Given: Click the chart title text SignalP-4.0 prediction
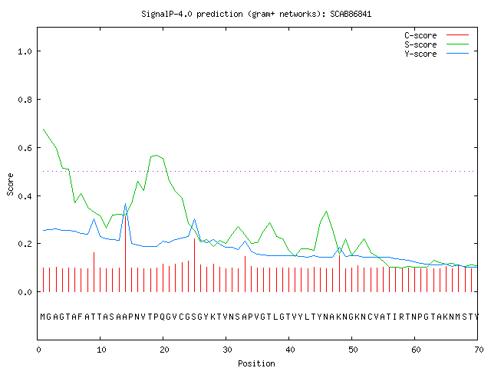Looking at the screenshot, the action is click(x=192, y=14).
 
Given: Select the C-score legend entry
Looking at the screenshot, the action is click(x=437, y=35).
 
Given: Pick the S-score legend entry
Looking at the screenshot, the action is click(x=437, y=44).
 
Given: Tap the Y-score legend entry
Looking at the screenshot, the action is click(x=437, y=54).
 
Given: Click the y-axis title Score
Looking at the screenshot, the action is click(x=10, y=184).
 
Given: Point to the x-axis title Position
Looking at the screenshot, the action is click(x=256, y=363).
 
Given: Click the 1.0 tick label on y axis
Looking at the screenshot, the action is click(x=25, y=51).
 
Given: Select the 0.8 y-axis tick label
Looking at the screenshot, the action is click(x=25, y=100).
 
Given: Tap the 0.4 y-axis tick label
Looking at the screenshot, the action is click(x=25, y=196).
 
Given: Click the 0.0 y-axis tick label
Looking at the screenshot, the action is click(x=25, y=292).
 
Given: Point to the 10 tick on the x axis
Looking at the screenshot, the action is click(x=101, y=350).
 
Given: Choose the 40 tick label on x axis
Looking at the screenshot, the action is click(x=290, y=350).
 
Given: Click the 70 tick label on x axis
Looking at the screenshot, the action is click(x=479, y=350).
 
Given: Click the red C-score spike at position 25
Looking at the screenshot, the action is click(x=194, y=265).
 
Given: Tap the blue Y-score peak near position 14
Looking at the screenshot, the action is click(x=126, y=204).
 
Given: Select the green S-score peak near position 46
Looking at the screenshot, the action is click(x=327, y=212).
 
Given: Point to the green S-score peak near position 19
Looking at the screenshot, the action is click(x=156, y=155).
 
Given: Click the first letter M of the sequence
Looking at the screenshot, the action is click(x=43, y=317).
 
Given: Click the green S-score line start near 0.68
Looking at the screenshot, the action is click(x=44, y=129).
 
